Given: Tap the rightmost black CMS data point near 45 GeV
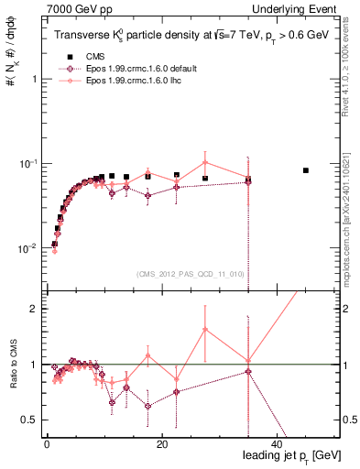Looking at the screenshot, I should [x=306, y=170].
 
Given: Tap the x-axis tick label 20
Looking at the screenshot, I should [x=161, y=442].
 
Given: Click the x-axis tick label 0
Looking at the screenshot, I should [x=46, y=442].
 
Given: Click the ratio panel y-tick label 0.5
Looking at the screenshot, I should [x=29, y=420].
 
